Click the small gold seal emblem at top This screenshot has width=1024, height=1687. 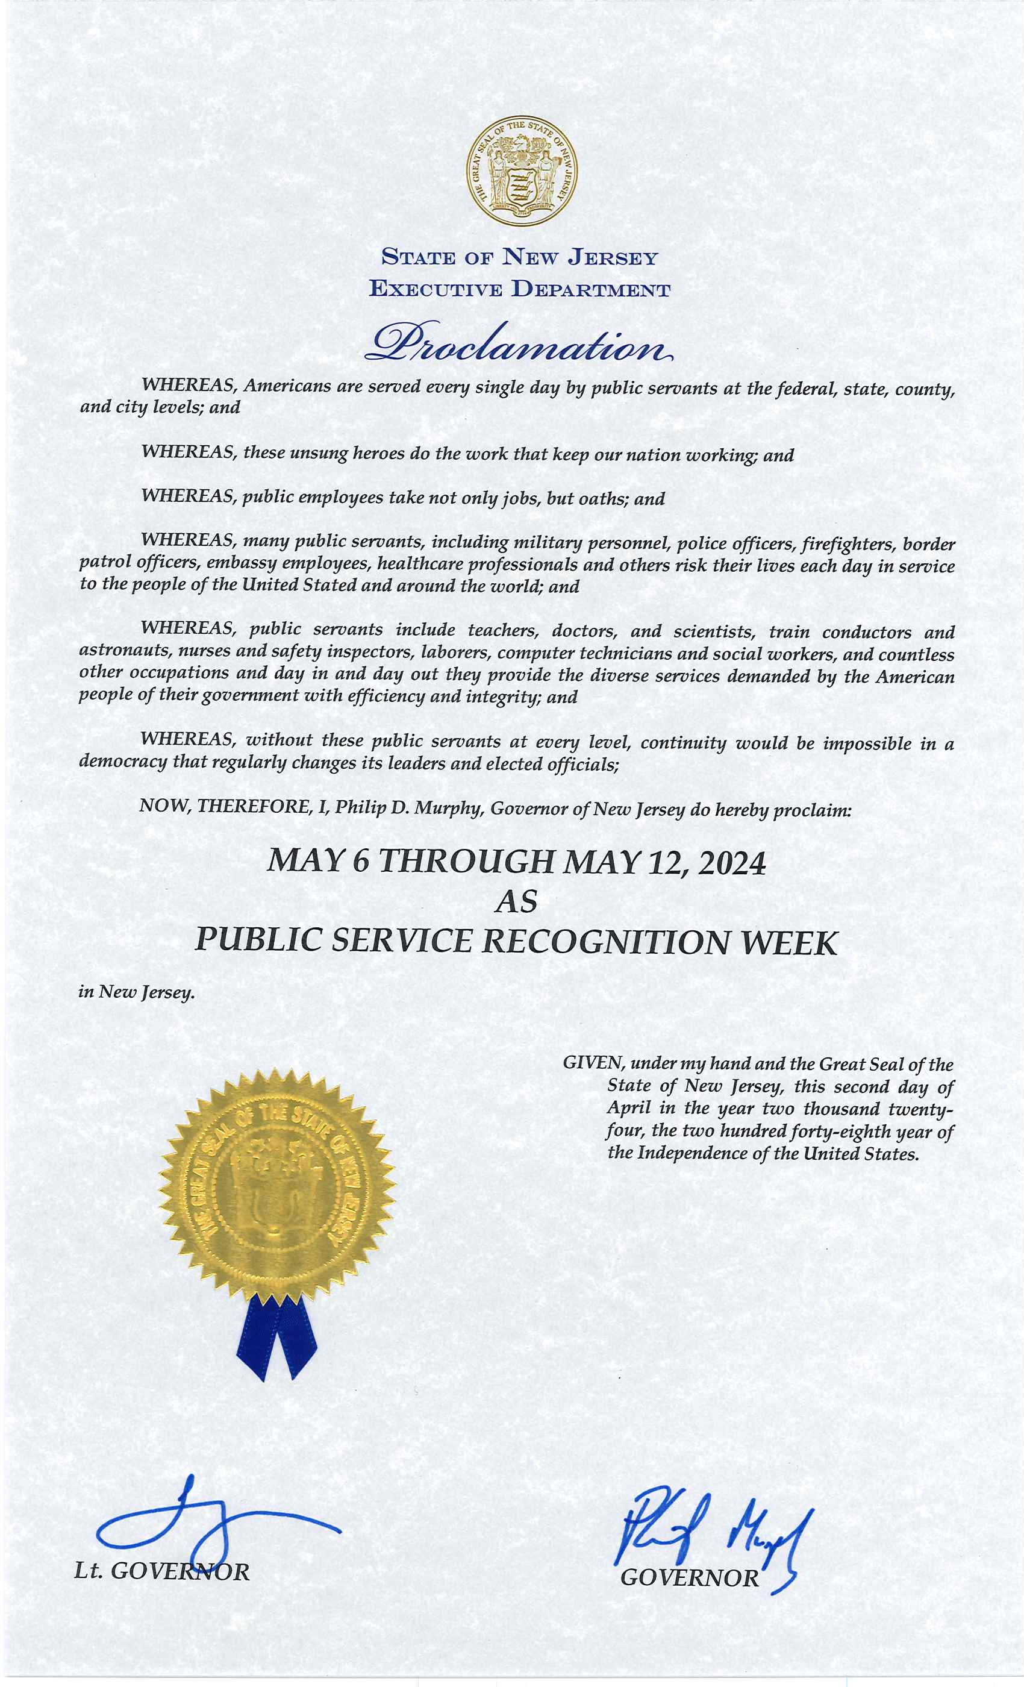(x=522, y=171)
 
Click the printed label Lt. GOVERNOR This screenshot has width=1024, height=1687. (x=161, y=1571)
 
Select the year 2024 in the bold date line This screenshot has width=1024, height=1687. (x=732, y=863)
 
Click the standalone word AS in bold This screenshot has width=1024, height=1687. (x=517, y=903)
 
